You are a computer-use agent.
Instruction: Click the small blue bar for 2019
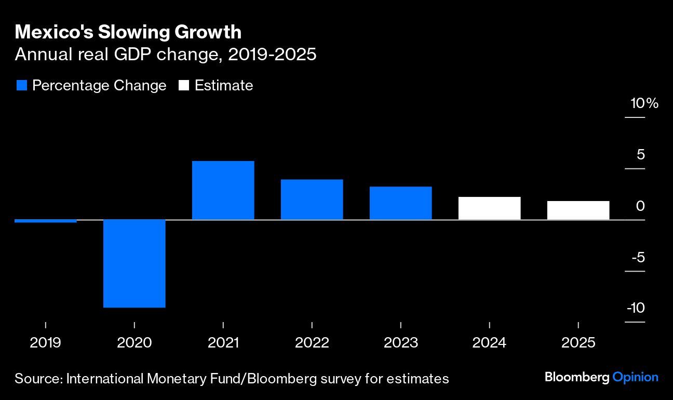point(46,221)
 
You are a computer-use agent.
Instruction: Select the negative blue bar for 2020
point(134,263)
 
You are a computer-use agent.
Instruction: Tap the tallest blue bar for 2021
point(223,190)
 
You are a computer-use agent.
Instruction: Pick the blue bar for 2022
point(312,199)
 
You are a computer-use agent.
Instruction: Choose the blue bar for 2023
point(401,203)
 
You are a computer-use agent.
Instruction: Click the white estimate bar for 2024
point(490,208)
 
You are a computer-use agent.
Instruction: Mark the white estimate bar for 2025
point(578,210)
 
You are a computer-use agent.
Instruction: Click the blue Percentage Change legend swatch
point(22,85)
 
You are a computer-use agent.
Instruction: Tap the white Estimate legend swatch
point(184,85)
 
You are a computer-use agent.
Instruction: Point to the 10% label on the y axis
point(644,103)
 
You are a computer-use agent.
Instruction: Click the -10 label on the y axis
point(636,308)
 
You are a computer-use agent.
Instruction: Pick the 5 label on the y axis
point(640,155)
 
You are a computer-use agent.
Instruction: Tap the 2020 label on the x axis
point(134,343)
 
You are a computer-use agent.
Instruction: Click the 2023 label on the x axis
point(401,343)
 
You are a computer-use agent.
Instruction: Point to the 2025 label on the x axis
point(578,343)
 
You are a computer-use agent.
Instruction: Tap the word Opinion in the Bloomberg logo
point(635,377)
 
